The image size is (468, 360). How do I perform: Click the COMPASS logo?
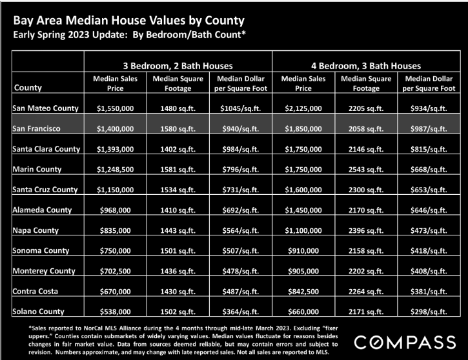click(x=405, y=342)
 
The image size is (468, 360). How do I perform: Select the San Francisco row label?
click(x=36, y=128)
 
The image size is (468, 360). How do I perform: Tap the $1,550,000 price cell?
click(x=115, y=108)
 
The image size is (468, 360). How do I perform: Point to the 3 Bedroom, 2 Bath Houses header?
click(x=178, y=66)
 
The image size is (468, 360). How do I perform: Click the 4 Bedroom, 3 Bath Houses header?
click(x=366, y=66)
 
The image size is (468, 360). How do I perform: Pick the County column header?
click(x=28, y=88)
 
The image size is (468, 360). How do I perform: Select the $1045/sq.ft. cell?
click(x=241, y=108)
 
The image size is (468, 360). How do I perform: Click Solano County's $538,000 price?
click(x=115, y=312)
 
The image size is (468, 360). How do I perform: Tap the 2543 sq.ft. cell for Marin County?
click(x=366, y=170)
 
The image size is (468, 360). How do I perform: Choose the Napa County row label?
click(x=36, y=230)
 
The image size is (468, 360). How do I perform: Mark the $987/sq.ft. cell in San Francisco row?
click(x=429, y=129)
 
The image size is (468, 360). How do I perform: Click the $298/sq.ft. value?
click(x=429, y=312)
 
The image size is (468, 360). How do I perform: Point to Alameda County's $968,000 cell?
click(x=115, y=210)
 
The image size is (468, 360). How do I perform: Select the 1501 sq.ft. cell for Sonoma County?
click(x=178, y=250)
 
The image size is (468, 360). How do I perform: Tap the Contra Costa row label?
click(x=36, y=291)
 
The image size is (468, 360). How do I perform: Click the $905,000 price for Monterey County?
click(x=303, y=271)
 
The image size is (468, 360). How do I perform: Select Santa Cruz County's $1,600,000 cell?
click(x=303, y=190)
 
